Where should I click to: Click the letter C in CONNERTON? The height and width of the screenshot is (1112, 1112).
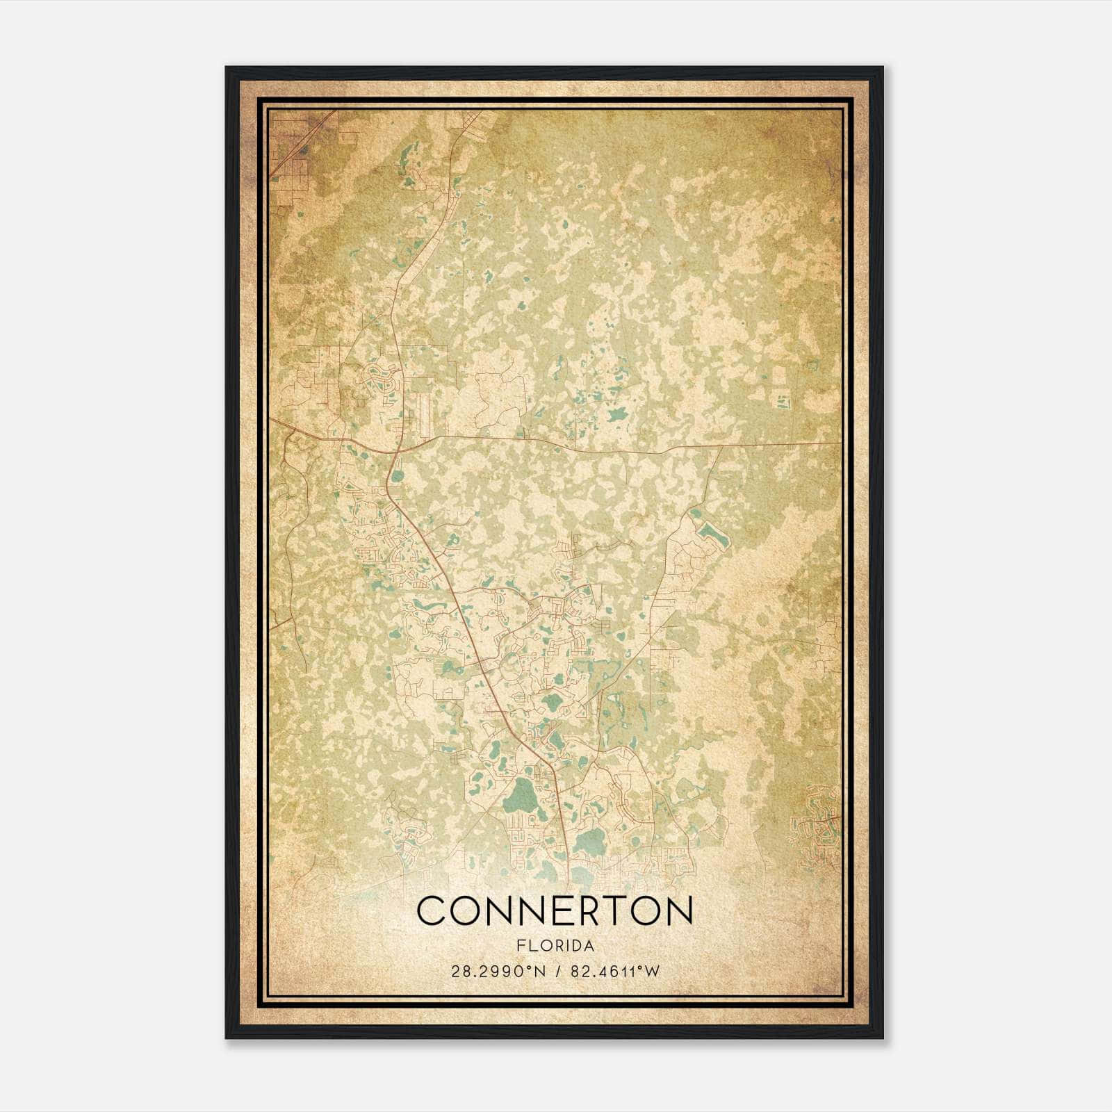pyautogui.click(x=432, y=910)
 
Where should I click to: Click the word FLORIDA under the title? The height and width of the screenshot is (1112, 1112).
pyautogui.click(x=555, y=946)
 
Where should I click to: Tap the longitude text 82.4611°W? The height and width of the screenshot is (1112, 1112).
pyautogui.click(x=614, y=971)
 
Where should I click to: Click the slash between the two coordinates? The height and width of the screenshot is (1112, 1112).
pyautogui.click(x=557, y=971)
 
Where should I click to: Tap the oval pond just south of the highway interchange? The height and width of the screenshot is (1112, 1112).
pyautogui.click(x=397, y=477)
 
